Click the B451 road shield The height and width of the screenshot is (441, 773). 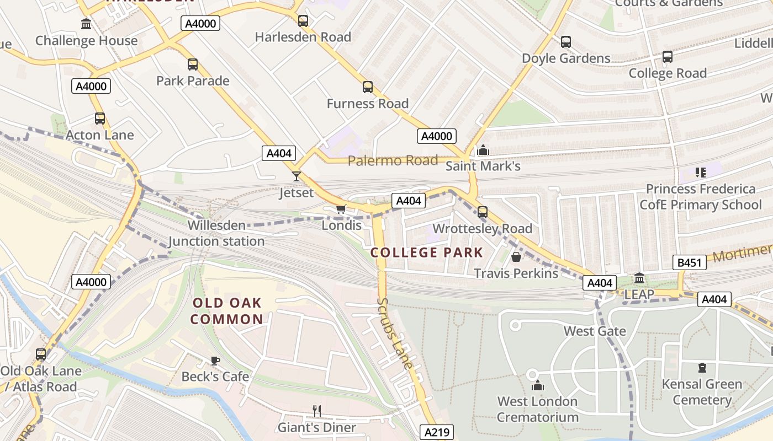click(690, 263)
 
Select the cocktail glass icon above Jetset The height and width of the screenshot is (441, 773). click(297, 176)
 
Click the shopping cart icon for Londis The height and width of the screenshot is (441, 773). click(341, 209)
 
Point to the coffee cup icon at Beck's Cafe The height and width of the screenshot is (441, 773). click(215, 361)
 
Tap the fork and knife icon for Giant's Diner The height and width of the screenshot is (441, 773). click(317, 411)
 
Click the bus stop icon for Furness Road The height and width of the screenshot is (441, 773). click(368, 87)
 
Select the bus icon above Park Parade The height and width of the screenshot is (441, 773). click(192, 64)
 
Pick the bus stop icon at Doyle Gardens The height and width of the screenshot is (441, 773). click(566, 42)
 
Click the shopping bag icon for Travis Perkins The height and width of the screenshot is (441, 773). click(516, 257)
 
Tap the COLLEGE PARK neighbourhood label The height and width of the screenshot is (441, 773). click(427, 253)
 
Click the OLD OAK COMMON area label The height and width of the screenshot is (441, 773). click(227, 311)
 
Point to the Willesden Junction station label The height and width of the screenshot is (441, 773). click(216, 233)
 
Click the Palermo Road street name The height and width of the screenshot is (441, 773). click(393, 161)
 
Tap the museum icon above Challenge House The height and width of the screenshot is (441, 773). click(86, 24)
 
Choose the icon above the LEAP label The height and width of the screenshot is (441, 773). click(639, 278)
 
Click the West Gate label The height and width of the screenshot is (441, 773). click(595, 331)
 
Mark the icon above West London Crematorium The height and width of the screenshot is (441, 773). click(537, 385)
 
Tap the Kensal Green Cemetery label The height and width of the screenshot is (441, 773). click(702, 392)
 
